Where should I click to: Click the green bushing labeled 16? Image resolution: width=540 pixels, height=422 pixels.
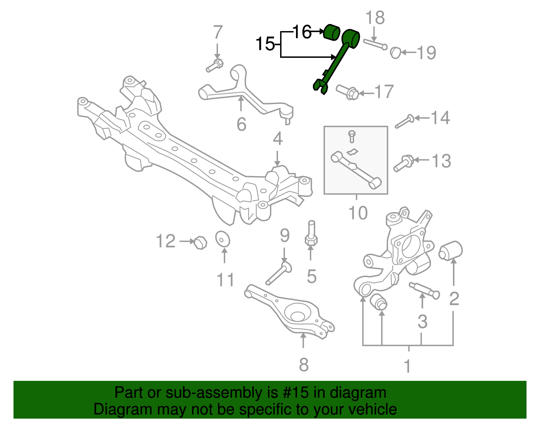331,32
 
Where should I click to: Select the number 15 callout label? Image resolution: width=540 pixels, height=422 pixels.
265,44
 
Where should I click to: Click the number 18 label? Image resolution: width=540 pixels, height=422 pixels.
375,18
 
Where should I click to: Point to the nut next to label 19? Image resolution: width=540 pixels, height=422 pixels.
395,53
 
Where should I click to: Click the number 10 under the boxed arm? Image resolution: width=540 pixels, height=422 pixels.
358,213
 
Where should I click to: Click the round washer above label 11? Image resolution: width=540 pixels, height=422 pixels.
223,239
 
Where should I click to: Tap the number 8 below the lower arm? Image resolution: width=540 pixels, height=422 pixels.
304,365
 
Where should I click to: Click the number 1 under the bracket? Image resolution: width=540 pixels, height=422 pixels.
408,366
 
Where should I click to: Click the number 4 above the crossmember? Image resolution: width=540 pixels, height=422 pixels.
277,139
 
